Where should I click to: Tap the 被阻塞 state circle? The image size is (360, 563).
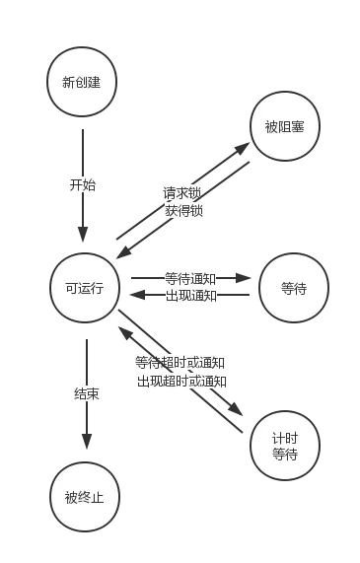[x=285, y=127]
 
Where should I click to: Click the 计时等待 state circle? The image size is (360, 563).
[x=285, y=446]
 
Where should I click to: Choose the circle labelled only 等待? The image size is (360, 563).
[x=293, y=288]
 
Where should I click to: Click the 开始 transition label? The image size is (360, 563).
[x=83, y=185]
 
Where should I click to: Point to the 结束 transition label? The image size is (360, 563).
[x=86, y=393]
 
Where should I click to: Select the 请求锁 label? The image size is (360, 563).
[x=182, y=194]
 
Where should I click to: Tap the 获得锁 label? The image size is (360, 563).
[x=183, y=210]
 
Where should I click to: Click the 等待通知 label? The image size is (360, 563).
[x=189, y=279]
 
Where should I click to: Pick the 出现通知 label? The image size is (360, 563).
[x=189, y=295]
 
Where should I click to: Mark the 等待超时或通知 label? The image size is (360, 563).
[x=180, y=363]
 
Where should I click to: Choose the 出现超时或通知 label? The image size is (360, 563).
[x=182, y=380]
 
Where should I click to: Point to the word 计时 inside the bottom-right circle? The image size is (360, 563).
[x=285, y=438]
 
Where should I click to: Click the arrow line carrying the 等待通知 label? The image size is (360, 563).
[x=238, y=279]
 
